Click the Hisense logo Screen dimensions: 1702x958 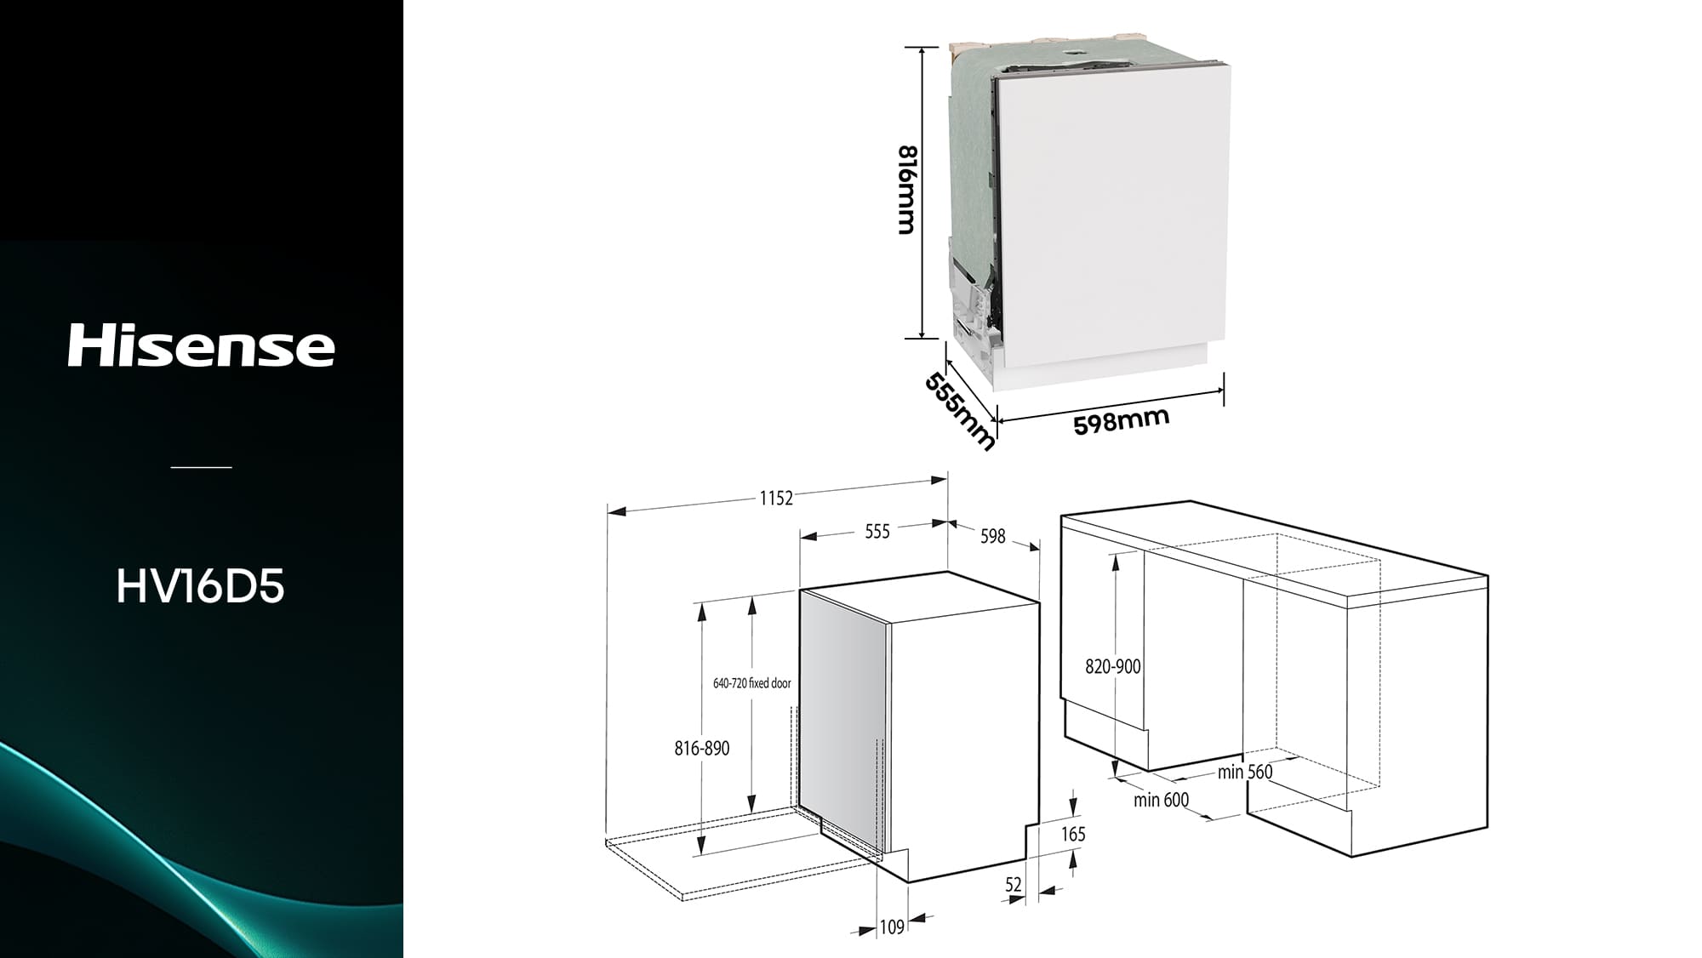coord(202,345)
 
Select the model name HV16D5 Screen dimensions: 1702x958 coord(200,586)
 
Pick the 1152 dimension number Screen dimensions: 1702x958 coord(776,498)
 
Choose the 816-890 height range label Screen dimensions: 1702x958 coord(702,749)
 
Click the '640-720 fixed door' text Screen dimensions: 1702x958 coord(752,683)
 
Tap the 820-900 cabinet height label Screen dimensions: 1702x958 coord(1113,667)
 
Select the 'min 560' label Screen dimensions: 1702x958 coord(1245,772)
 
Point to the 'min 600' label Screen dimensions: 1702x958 coord(1162,800)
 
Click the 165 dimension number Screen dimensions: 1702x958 coord(1073,835)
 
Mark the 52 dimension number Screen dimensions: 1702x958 coord(1013,885)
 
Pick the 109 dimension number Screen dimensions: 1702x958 coord(892,927)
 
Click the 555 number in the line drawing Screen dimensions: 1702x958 coord(877,532)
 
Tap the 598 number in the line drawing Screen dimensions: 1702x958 coord(993,536)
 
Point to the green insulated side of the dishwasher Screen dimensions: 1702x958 coord(970,153)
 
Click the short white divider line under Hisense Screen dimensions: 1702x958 coord(202,467)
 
